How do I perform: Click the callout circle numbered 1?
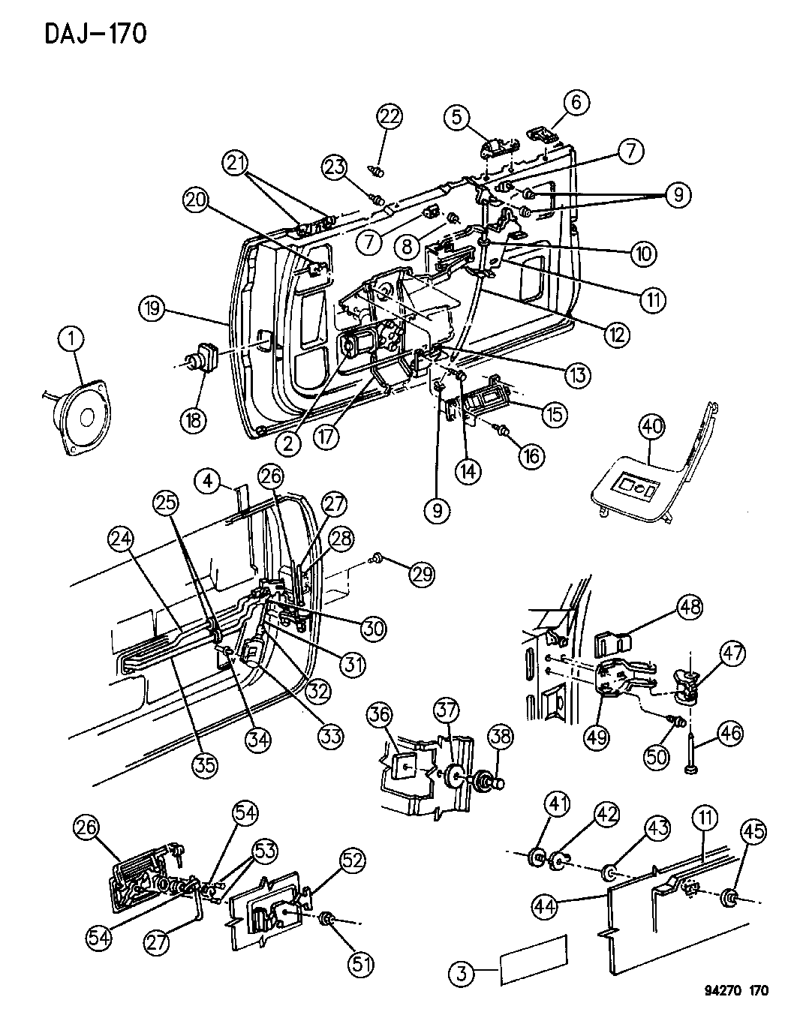click(72, 343)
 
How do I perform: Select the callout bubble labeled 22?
click(389, 116)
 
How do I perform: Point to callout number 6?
click(576, 103)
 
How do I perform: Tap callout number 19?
click(153, 309)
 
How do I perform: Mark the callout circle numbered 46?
click(726, 733)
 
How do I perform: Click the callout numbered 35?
click(206, 763)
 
